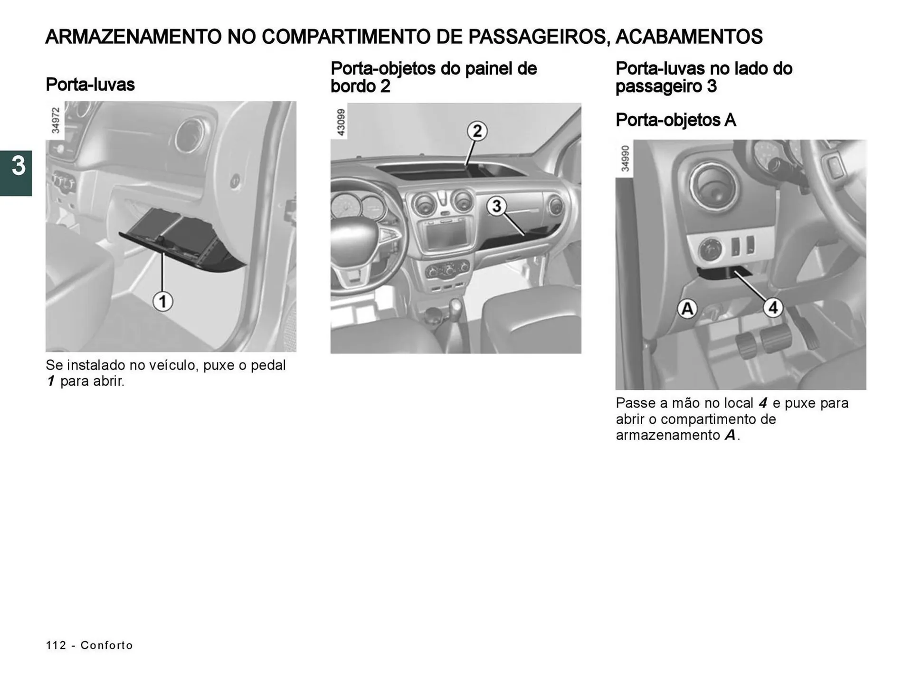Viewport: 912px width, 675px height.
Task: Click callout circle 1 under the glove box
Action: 162,302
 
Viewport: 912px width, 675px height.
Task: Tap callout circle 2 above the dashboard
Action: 477,131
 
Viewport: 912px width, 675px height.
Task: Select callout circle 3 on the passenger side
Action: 496,206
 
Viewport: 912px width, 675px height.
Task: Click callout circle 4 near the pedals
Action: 773,308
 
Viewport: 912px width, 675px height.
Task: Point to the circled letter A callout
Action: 687,309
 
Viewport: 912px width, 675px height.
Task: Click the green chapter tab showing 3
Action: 16,173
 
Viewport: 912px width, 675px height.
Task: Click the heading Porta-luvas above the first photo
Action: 90,85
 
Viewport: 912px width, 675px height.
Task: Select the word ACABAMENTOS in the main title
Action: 689,37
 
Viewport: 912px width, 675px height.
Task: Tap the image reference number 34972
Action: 56,121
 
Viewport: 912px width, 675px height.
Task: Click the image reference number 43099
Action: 341,122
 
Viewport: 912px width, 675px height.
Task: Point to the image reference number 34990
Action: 625,159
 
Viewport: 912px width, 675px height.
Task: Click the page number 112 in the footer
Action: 56,645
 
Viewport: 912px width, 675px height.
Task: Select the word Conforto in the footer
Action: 107,645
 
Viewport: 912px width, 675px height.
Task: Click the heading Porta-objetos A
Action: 675,120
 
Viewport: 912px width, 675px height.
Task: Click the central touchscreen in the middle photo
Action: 446,235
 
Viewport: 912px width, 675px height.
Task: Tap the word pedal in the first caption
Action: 268,365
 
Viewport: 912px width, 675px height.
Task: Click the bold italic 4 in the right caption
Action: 762,403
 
